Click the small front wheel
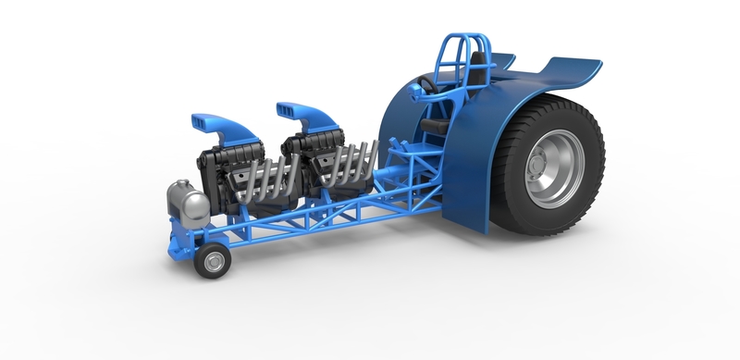click(x=213, y=260)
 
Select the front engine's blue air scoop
click(x=217, y=127)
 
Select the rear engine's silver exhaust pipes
click(x=356, y=162)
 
